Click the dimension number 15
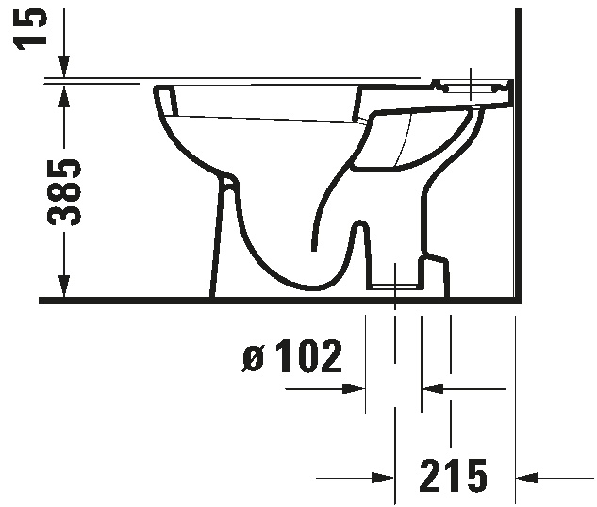click(30, 28)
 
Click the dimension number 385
click(64, 192)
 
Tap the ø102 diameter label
click(292, 356)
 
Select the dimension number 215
click(453, 475)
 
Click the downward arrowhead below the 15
click(64, 67)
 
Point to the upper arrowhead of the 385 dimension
click(64, 97)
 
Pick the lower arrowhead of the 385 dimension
click(64, 285)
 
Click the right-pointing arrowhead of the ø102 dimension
click(354, 389)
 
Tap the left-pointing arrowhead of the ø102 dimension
click(433, 389)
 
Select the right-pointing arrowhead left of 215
click(383, 478)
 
